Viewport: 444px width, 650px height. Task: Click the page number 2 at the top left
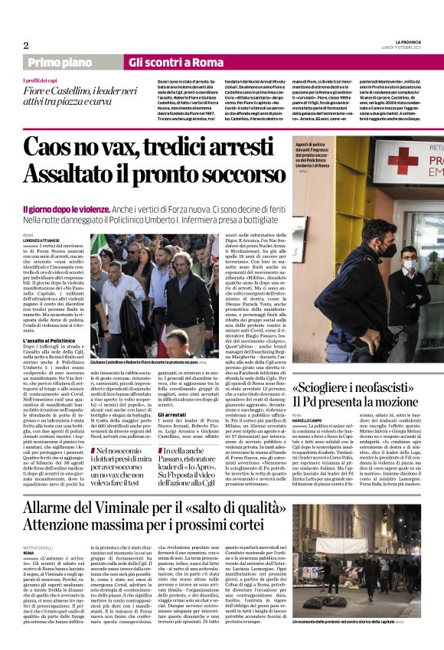(26, 45)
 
